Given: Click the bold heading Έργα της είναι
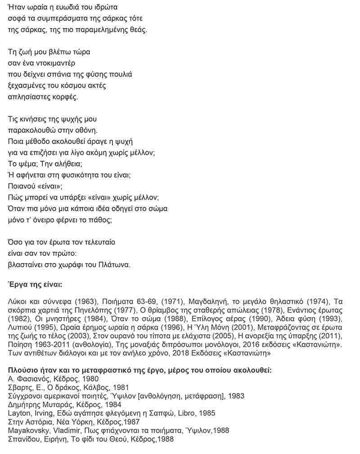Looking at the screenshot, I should tap(36, 285).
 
